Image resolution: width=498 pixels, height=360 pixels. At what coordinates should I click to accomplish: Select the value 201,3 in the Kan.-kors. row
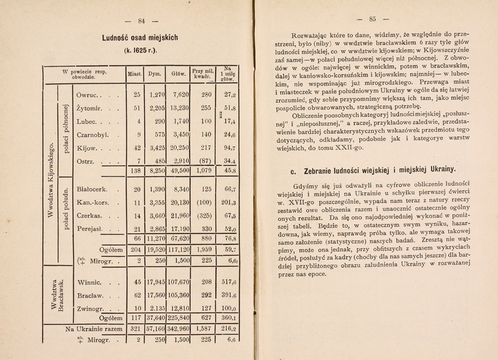[228, 203]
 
